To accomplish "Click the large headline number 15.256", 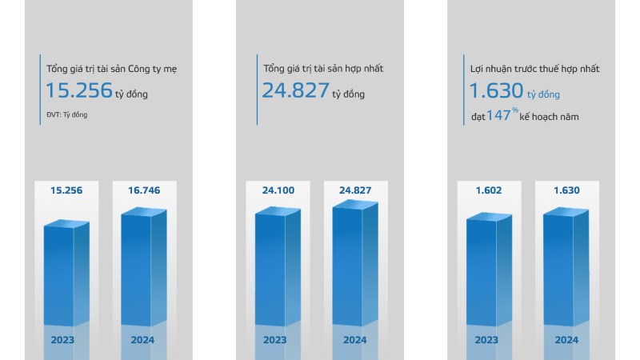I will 78,90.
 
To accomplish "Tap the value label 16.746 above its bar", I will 144,190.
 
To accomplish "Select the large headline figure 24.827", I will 295,90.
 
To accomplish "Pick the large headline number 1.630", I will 496,90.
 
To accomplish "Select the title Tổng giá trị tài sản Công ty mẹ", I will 111,69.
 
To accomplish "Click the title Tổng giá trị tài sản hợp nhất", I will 323,69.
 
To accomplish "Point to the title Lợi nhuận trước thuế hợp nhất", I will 534,69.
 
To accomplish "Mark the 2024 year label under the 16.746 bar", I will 144,339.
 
